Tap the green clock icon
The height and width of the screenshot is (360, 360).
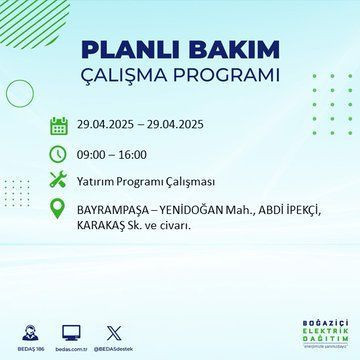click(x=59, y=155)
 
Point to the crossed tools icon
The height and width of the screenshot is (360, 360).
click(x=59, y=184)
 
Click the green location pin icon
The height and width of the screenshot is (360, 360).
click(x=59, y=212)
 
